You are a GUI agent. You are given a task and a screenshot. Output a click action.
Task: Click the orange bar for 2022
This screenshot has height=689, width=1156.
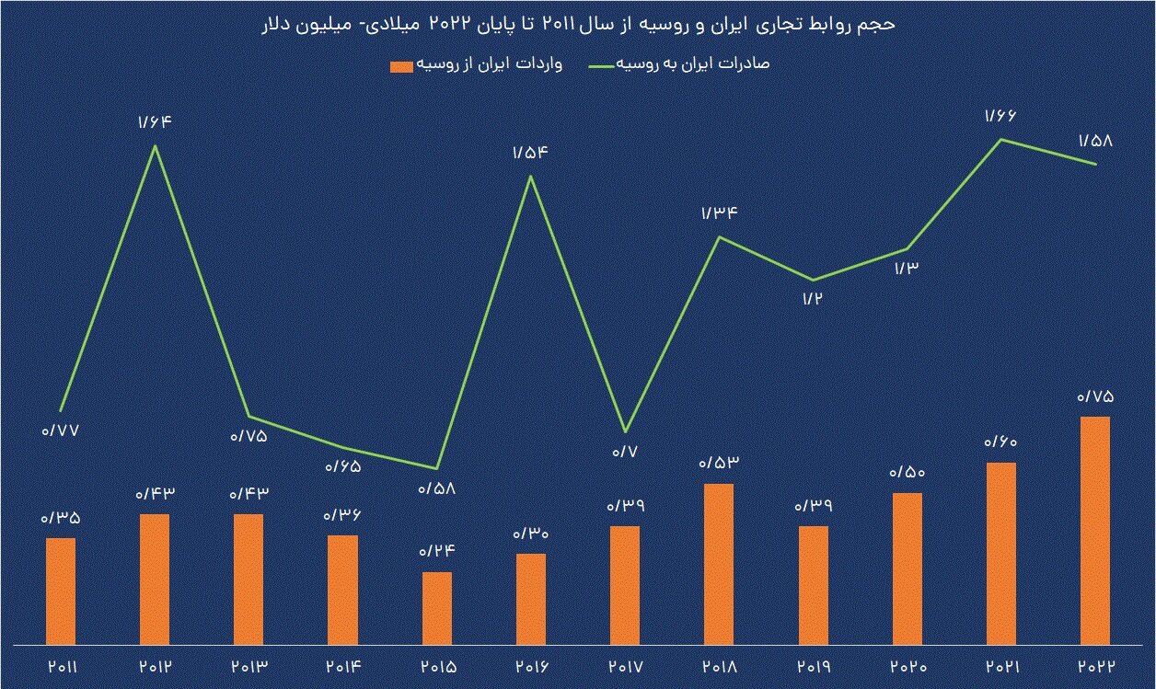pyautogui.click(x=1094, y=531)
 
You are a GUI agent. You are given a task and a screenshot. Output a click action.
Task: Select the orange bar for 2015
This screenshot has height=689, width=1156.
pyautogui.click(x=437, y=608)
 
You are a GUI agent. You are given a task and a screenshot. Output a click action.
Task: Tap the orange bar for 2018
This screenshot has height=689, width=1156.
pyautogui.click(x=719, y=564)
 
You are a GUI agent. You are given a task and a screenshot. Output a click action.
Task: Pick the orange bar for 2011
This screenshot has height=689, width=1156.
pyautogui.click(x=61, y=591)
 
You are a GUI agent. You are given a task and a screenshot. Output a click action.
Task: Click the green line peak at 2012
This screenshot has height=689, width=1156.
pyautogui.click(x=156, y=145)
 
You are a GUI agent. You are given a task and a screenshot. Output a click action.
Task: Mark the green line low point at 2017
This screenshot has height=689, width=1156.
pyautogui.click(x=625, y=431)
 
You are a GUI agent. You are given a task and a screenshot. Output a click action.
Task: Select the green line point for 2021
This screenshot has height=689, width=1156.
pyautogui.click(x=1000, y=140)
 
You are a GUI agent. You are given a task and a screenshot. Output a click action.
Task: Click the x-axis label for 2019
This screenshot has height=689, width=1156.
pyautogui.click(x=813, y=666)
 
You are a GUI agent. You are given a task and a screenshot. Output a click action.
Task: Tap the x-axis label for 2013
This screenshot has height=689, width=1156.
pyautogui.click(x=249, y=666)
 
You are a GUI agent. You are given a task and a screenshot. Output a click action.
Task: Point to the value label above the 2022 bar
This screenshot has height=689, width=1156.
pyautogui.click(x=1095, y=397)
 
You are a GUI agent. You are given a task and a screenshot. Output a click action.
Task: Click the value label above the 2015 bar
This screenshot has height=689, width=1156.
pyautogui.click(x=437, y=552)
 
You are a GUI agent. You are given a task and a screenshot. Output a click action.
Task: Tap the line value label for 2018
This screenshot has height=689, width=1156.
pyautogui.click(x=720, y=214)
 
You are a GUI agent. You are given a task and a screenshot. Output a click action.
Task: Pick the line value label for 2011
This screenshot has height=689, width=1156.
pyautogui.click(x=61, y=430)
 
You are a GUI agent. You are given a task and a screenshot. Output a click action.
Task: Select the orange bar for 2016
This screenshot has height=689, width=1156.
pyautogui.click(x=531, y=599)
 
